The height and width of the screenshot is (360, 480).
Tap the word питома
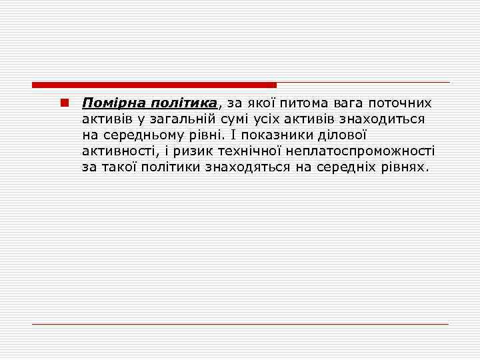(x=311, y=103)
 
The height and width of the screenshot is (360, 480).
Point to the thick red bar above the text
(x=154, y=85)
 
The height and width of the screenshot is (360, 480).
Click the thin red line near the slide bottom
(x=240, y=324)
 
